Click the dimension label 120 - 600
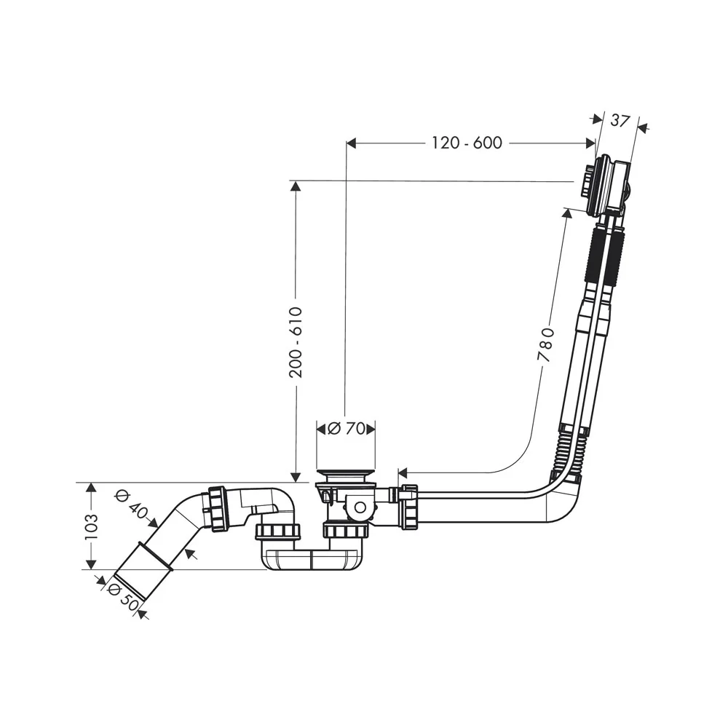click(x=467, y=143)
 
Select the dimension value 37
click(x=620, y=121)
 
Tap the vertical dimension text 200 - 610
click(x=296, y=341)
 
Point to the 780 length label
click(x=546, y=344)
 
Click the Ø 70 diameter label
click(x=346, y=429)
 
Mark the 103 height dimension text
click(x=92, y=526)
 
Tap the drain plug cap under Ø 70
click(x=346, y=475)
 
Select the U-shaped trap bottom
click(x=312, y=558)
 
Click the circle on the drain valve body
click(x=360, y=507)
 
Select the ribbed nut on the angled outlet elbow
click(x=217, y=509)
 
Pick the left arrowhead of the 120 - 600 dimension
click(x=352, y=143)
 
